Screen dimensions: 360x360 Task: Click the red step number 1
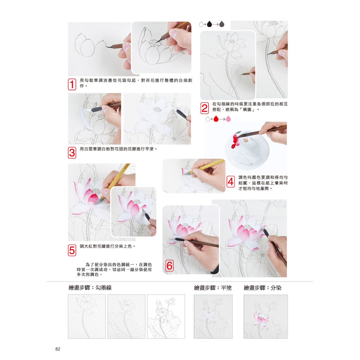[x=72, y=84]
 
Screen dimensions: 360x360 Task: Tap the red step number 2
[x=205, y=108]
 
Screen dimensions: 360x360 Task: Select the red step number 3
[x=72, y=153]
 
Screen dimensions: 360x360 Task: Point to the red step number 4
[x=231, y=182]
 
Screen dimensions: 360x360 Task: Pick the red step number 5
[x=72, y=250]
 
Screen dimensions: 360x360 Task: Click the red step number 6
[x=169, y=266]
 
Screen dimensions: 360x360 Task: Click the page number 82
[x=58, y=349]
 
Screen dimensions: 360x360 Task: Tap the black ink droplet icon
[x=209, y=24]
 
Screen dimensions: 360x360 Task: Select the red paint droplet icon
[x=216, y=119]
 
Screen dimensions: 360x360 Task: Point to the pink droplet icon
[x=228, y=119]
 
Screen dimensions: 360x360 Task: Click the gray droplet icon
[x=221, y=24]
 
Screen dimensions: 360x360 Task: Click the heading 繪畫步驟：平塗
[x=213, y=288]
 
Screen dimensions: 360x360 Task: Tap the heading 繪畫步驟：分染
[x=262, y=288]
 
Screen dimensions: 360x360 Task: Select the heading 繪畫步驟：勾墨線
[x=90, y=288]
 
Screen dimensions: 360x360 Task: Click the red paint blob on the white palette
[x=235, y=141]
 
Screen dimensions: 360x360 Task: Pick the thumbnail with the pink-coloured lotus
[x=266, y=317]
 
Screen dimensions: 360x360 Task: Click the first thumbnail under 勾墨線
[x=87, y=316]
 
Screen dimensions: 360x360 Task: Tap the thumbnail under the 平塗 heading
[x=213, y=317]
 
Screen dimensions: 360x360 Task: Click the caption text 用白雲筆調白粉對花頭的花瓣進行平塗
[x=118, y=149]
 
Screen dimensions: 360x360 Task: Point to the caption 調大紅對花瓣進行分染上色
[x=108, y=246]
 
